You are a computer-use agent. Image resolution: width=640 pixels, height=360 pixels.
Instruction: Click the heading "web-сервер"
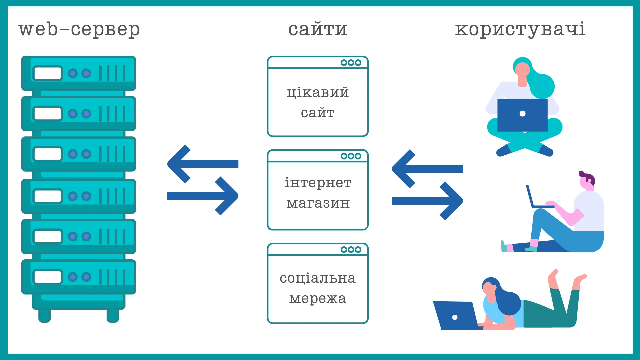click(79, 29)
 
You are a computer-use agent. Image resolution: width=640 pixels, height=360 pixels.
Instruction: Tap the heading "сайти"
click(318, 29)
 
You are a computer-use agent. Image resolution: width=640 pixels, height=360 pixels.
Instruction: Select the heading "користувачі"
click(520, 29)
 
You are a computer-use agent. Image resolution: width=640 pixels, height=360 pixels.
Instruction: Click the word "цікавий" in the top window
click(318, 92)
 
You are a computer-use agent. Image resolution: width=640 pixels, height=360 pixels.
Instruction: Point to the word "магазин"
click(318, 203)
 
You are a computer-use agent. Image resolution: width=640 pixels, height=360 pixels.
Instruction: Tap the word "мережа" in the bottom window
click(318, 299)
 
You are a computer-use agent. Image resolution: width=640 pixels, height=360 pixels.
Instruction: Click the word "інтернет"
click(318, 182)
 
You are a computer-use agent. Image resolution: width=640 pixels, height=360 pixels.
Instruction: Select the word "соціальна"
click(318, 278)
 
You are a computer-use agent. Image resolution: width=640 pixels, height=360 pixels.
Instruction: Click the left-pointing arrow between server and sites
click(203, 164)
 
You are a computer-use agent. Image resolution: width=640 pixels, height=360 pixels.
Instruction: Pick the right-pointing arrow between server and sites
click(203, 196)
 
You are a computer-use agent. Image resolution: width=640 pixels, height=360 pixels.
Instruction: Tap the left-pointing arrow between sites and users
click(427, 169)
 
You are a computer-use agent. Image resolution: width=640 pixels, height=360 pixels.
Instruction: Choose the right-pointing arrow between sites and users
click(427, 201)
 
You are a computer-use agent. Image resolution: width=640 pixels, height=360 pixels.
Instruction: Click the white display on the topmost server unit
click(48, 73)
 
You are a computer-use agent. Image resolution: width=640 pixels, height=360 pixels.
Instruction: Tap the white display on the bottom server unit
click(48, 277)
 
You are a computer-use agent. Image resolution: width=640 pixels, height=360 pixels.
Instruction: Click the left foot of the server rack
click(44, 316)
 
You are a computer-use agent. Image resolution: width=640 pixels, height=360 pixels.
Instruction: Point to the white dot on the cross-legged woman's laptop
click(523, 114)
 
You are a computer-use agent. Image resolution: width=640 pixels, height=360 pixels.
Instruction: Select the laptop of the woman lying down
click(456, 315)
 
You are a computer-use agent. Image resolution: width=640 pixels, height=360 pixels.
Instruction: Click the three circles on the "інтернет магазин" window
click(351, 156)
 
